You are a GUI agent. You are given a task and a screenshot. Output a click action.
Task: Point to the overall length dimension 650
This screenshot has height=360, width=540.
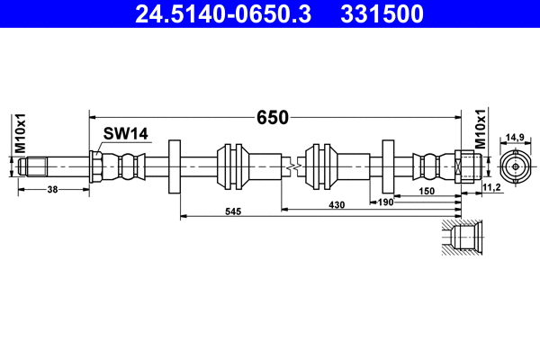(272, 117)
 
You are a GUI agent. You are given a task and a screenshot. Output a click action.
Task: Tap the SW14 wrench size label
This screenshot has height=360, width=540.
(124, 134)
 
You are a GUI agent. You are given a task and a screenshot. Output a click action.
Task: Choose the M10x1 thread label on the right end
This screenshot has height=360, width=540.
(480, 130)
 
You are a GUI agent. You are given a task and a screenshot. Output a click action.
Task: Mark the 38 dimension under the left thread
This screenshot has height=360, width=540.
(53, 190)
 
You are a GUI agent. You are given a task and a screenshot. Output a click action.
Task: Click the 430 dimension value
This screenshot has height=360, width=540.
(336, 205)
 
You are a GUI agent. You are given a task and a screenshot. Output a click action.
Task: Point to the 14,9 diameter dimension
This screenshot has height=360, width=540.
(515, 136)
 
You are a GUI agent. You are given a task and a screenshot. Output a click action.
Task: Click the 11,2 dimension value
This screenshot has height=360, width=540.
(491, 185)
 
